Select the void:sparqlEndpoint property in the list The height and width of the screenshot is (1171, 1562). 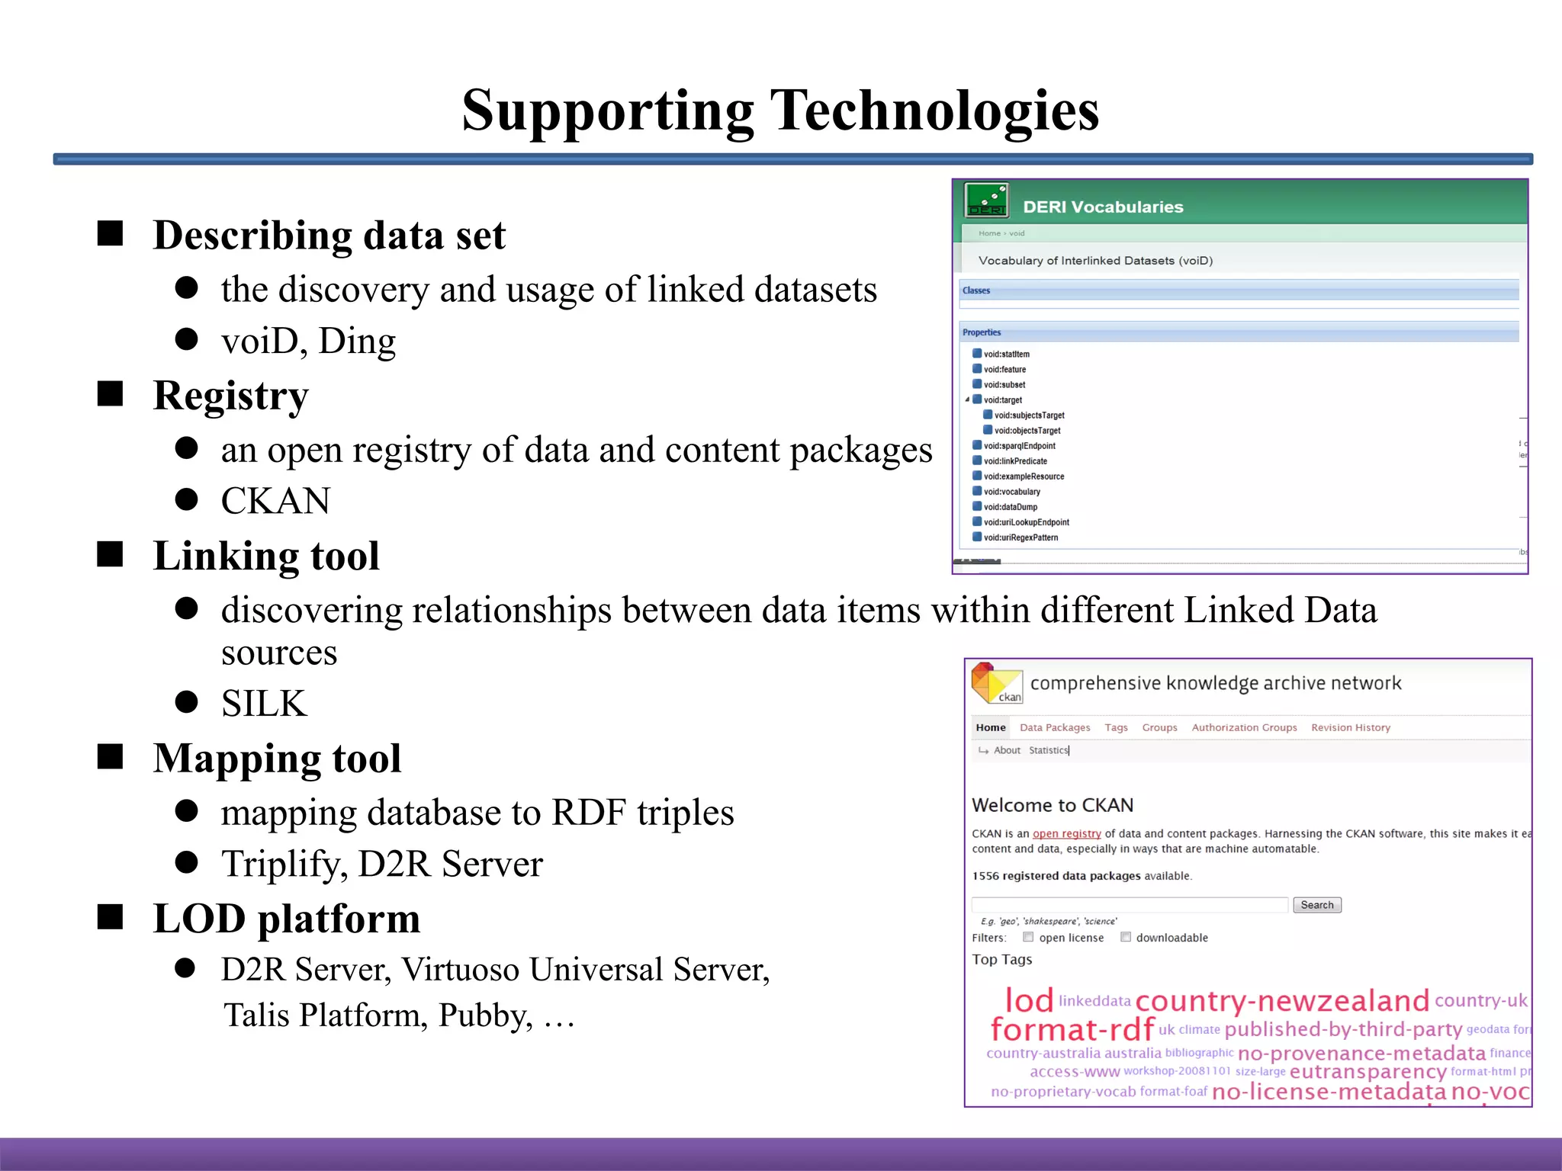click(1019, 446)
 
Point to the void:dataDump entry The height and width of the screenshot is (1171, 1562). click(1010, 507)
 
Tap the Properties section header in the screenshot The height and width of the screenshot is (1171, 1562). click(982, 332)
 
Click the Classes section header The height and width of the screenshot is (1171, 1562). click(976, 290)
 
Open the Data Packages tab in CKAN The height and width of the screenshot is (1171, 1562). click(1055, 728)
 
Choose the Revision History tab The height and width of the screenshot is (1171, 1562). click(1350, 728)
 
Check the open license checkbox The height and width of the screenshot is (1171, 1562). click(1028, 937)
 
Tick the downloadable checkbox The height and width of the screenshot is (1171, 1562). click(1125, 937)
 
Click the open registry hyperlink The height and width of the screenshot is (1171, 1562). click(1066, 834)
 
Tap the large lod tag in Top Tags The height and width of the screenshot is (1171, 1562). click(1029, 1000)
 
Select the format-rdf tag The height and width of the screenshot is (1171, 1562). click(1072, 1030)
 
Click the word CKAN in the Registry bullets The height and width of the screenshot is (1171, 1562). click(275, 502)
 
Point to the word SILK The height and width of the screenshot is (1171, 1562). click(264, 704)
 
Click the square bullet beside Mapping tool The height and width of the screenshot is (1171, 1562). click(111, 757)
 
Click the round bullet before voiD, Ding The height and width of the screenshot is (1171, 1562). click(187, 339)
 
